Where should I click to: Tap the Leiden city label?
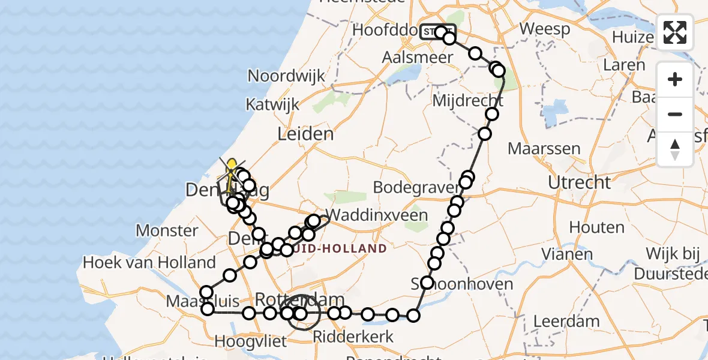coord(305,133)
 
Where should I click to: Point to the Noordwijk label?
coord(286,76)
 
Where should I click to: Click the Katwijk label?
coord(272,104)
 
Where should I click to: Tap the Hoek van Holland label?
coord(149,262)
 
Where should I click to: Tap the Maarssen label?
coord(544,148)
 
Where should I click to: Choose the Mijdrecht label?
coord(468,100)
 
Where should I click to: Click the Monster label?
coord(167,230)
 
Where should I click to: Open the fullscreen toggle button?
coord(675,32)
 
